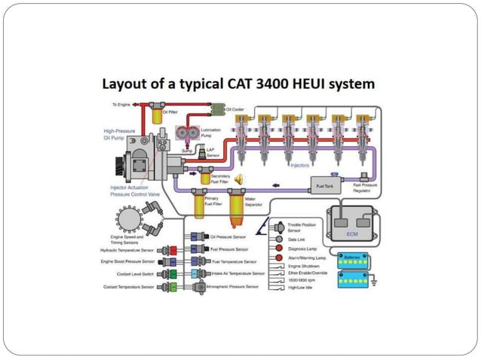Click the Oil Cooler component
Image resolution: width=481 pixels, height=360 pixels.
(218, 112)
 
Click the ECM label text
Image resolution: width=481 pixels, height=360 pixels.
(351, 234)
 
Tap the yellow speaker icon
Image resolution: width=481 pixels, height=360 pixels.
(240, 178)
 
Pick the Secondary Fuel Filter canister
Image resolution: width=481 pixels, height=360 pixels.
(204, 178)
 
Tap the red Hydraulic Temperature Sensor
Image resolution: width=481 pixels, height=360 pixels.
(173, 249)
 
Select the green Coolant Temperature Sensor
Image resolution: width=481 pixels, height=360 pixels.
(173, 287)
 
